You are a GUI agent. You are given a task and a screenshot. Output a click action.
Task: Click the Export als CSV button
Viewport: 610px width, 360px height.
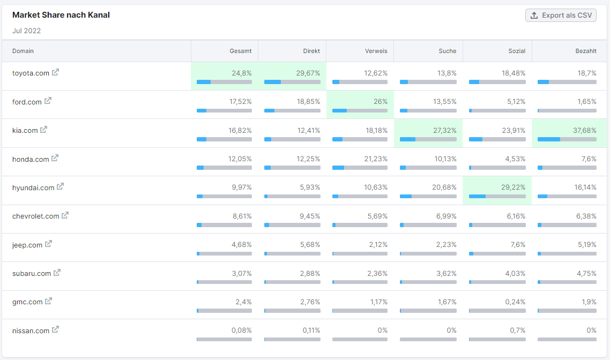pos(561,15)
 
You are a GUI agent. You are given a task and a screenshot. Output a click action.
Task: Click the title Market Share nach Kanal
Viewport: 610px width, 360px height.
pos(61,15)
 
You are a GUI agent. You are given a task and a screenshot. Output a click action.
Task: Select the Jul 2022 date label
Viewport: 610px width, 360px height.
pos(27,31)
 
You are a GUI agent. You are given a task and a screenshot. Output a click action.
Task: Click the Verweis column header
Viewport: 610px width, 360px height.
pos(376,51)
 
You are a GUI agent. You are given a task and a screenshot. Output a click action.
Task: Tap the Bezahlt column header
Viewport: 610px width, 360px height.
pos(586,51)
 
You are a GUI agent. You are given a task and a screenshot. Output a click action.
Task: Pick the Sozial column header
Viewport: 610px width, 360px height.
pos(517,51)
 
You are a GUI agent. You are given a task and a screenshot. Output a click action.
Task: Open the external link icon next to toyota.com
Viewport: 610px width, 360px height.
pos(56,72)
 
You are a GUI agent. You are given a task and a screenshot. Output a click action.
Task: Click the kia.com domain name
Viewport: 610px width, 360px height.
pos(25,130)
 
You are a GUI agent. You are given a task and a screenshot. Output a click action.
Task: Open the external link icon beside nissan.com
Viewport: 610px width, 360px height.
pos(56,330)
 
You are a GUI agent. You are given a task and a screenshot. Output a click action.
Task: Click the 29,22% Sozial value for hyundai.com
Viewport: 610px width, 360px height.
pos(513,187)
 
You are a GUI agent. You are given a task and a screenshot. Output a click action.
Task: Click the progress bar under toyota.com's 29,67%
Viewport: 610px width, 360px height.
pos(292,82)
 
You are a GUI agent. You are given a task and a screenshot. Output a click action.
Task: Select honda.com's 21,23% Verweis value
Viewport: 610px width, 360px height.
pos(375,159)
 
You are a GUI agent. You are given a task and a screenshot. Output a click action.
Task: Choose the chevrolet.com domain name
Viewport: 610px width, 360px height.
pos(36,216)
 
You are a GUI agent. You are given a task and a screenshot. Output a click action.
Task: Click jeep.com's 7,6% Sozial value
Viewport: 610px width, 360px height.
pos(518,245)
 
